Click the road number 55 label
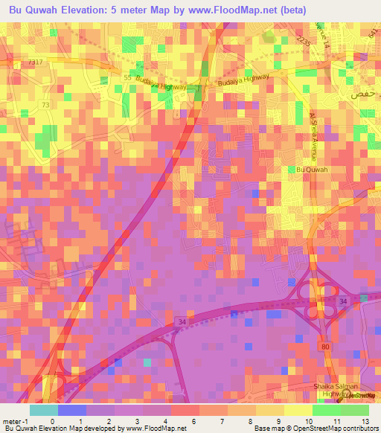click(127, 77)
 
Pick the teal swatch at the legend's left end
click(43, 410)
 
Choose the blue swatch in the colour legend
click(71, 410)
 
